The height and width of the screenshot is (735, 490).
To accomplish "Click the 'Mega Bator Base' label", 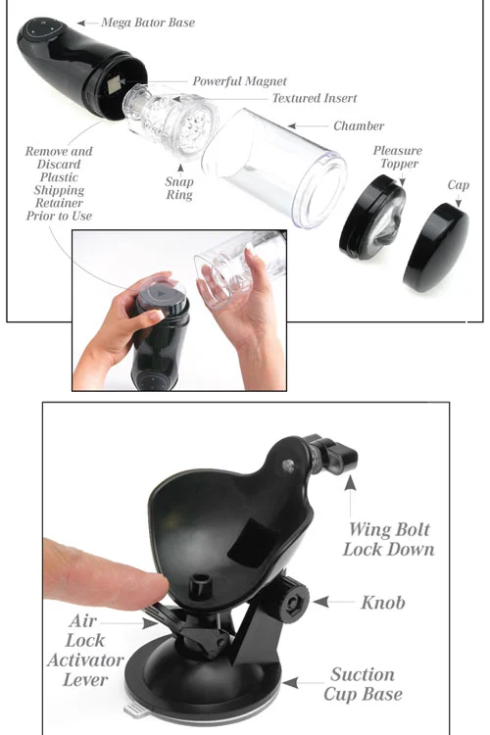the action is (148, 23).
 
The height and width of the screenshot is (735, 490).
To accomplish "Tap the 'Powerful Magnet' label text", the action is (239, 81).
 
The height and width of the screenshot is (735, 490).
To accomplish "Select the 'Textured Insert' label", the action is (315, 98).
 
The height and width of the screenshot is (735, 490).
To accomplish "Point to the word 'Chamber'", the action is (359, 125).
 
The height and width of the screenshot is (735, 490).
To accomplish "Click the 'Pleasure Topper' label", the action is (398, 157).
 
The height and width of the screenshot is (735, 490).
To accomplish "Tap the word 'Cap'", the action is (458, 185).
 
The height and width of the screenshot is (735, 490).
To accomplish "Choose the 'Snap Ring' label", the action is (179, 188).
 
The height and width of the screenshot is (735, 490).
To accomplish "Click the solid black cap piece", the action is (436, 248).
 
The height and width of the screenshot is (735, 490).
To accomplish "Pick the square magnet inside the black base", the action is (114, 85).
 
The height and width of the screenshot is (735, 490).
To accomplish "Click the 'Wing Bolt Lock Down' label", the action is (389, 539).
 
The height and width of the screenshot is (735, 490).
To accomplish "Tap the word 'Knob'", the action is (382, 603).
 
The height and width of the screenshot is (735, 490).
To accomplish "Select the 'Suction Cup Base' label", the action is (363, 684).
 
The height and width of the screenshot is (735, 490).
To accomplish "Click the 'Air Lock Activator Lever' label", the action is (85, 650).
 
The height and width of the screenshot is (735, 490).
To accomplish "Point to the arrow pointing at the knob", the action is (333, 602).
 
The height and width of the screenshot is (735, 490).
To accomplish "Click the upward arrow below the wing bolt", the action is (350, 496).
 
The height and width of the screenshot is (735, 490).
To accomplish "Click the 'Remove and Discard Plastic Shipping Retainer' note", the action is (59, 184).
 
